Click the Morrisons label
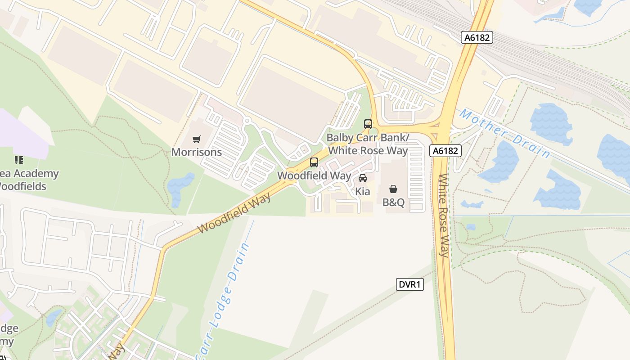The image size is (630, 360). tap(197, 152)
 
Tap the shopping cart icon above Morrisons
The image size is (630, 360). tap(196, 139)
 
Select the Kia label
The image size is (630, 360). tap(363, 192)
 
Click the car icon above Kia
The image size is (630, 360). tap(363, 178)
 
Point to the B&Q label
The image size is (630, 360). tap(394, 202)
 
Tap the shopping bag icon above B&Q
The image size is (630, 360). tap(393, 189)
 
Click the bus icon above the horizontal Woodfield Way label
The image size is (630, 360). tap(314, 162)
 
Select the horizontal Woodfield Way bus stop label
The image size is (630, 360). tap(314, 175)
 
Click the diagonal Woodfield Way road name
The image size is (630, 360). tap(234, 213)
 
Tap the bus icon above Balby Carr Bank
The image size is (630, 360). tap(368, 124)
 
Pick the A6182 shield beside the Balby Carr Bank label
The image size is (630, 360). tap(445, 151)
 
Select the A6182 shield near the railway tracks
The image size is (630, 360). tap(477, 38)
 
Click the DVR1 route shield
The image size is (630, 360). tap(410, 284)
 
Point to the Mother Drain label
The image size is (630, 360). tap(504, 134)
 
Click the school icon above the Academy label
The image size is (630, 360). tap(18, 160)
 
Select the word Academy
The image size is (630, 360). tap(36, 174)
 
